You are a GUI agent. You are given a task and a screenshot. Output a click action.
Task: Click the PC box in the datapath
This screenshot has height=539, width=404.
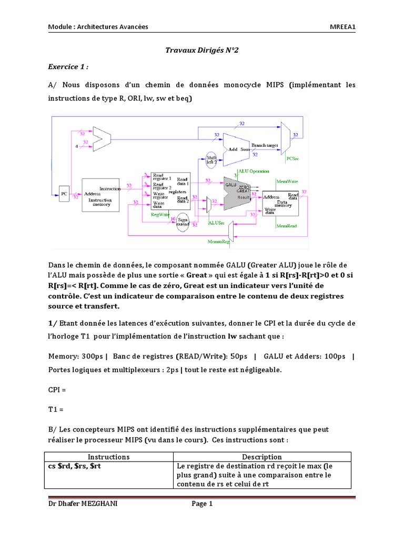click(x=64, y=194)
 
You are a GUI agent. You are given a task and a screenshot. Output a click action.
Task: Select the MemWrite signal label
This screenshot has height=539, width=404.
click(x=287, y=181)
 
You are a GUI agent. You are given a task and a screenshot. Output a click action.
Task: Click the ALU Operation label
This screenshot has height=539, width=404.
click(x=254, y=171)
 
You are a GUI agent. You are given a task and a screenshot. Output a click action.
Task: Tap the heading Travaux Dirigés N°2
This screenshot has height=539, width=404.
click(x=202, y=51)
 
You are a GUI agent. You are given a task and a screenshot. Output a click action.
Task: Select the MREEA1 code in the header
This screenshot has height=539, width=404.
click(x=342, y=27)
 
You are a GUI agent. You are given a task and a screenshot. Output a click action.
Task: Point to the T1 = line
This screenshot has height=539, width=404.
click(x=57, y=409)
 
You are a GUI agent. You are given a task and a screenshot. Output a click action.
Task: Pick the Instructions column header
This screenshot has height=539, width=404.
click(x=108, y=457)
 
